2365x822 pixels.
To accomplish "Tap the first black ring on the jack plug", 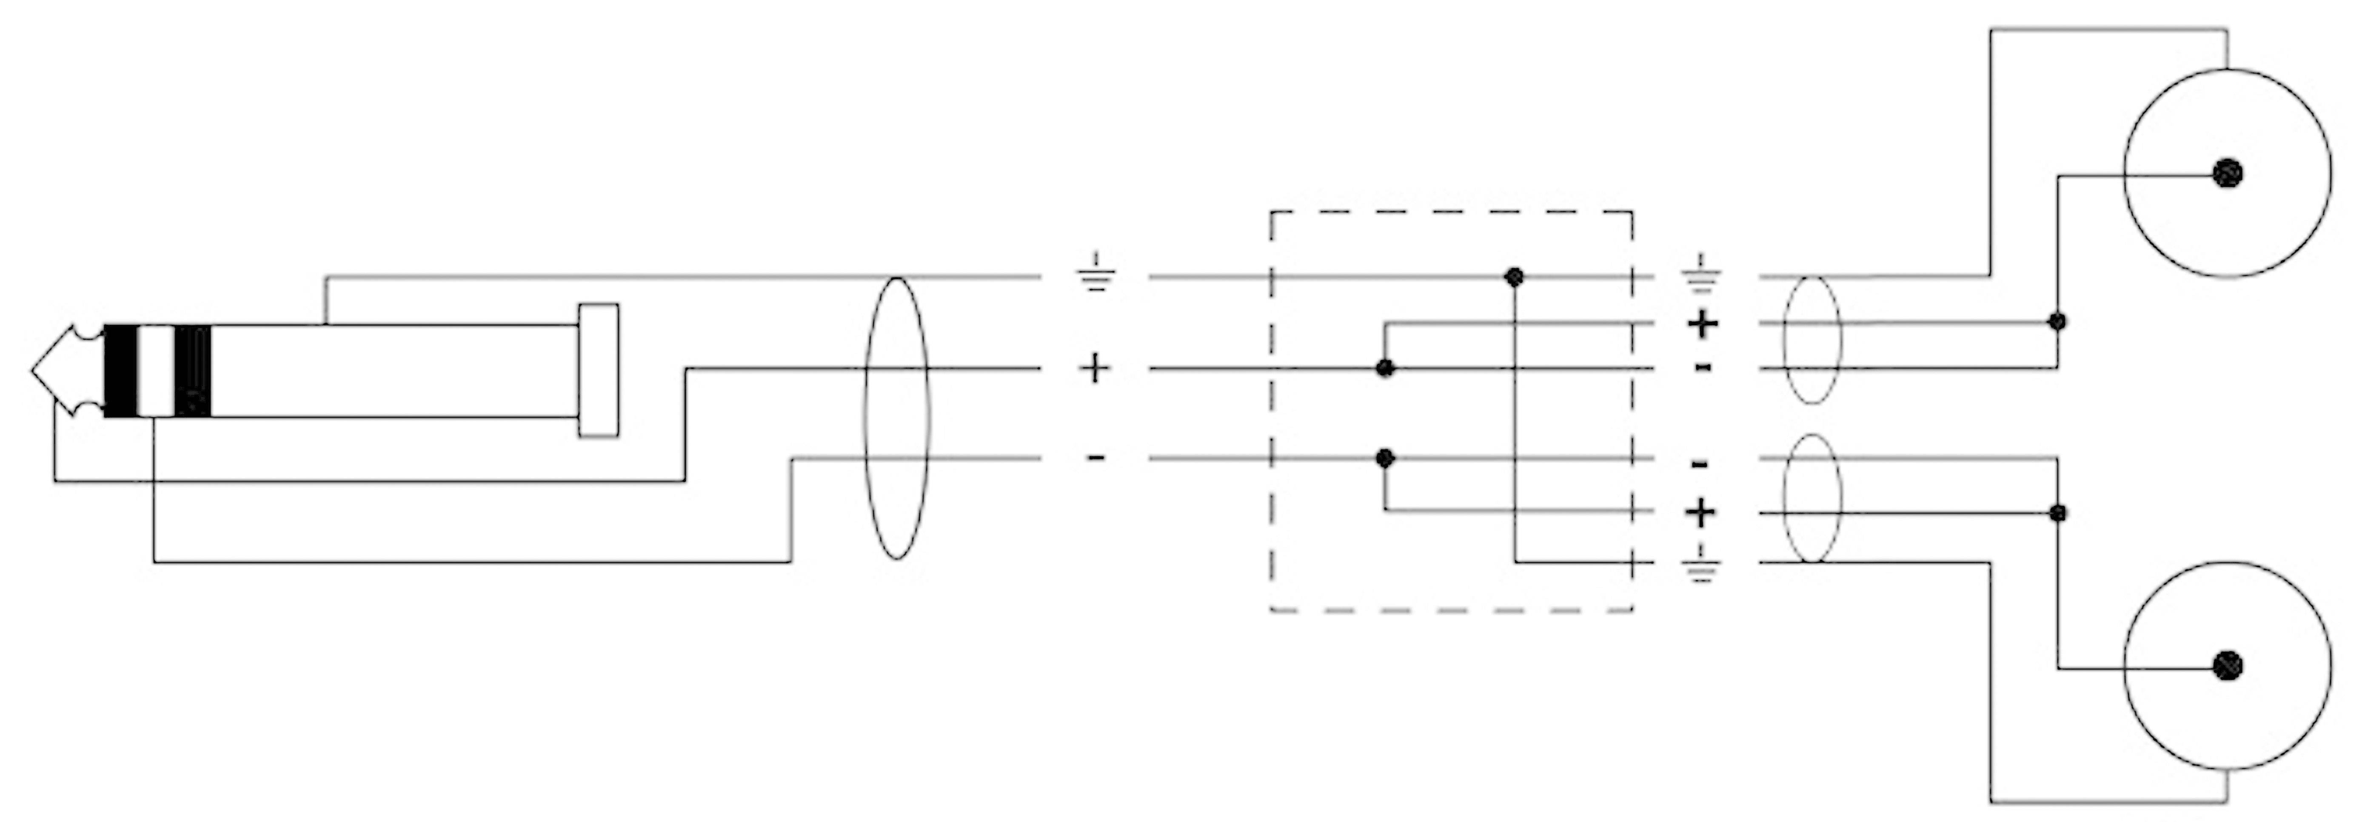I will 120,371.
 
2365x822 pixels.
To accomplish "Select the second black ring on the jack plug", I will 193,371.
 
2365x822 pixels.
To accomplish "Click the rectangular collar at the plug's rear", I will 598,370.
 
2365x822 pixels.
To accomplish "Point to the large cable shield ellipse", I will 897,418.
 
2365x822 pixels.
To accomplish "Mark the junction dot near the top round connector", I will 2057,321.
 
